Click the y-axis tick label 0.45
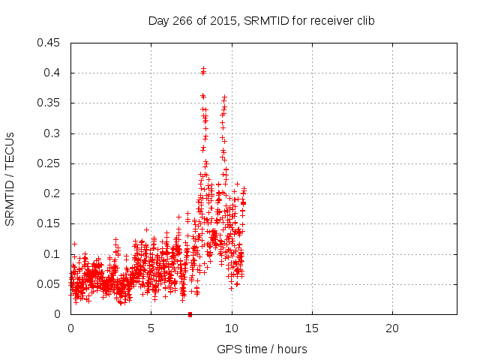49,43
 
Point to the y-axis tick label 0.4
52,73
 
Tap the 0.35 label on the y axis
49,103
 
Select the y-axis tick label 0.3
52,133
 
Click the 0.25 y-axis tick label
49,163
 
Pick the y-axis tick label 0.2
52,193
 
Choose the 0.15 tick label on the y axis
49,223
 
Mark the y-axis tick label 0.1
52,254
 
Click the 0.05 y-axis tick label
49,284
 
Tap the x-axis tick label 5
151,328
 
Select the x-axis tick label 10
232,328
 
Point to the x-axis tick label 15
312,328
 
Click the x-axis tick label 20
392,328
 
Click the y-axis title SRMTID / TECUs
10,178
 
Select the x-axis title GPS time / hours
262,349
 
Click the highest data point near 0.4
203,70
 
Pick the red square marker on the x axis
190,314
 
